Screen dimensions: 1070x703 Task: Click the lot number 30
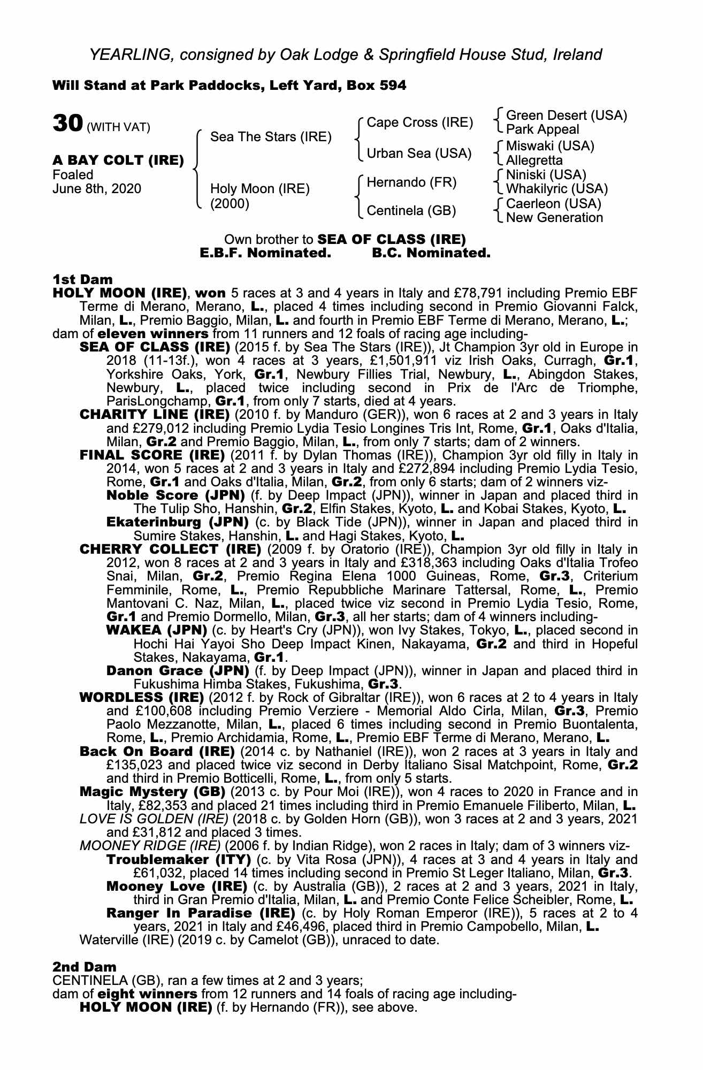pos(67,124)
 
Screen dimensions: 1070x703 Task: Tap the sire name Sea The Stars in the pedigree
pos(271,137)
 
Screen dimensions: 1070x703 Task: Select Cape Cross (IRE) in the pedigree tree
pos(420,123)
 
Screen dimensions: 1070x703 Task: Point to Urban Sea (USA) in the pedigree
pos(419,154)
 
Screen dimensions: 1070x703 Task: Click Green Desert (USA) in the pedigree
pos(566,116)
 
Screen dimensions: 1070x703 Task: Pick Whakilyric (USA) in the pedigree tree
pos(556,189)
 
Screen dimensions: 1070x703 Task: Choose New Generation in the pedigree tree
pos(554,218)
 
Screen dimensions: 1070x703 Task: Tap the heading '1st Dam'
pos(82,279)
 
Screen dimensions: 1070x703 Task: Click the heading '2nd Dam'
pos(84,967)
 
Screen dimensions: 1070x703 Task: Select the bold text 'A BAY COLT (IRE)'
pos(118,160)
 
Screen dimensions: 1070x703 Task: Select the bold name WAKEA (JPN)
pos(157,630)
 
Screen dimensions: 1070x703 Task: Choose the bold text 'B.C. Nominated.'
pos(431,253)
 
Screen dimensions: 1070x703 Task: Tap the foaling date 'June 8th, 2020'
pos(97,189)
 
